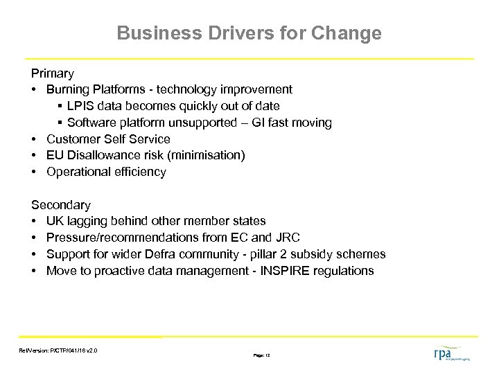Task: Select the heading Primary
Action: click(x=53, y=73)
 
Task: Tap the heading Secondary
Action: click(x=61, y=205)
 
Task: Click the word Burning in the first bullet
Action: click(x=69, y=89)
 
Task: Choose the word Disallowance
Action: click(x=103, y=156)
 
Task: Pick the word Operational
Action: click(x=78, y=172)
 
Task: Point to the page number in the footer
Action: click(x=262, y=355)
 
